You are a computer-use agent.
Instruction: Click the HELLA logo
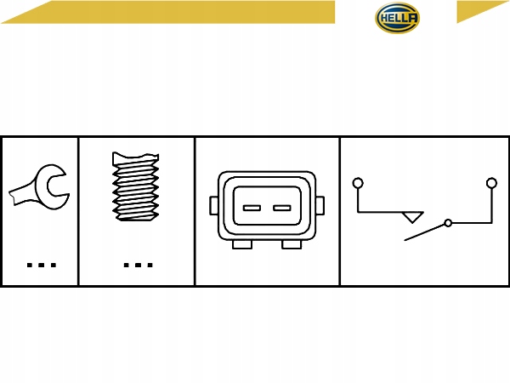[x=398, y=20]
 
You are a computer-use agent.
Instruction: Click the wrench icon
[x=38, y=190]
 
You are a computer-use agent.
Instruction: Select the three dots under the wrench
[x=40, y=265]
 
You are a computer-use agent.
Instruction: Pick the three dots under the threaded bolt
[x=137, y=265]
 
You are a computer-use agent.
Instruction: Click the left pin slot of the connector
[x=252, y=207]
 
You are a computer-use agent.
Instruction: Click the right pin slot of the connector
[x=280, y=207]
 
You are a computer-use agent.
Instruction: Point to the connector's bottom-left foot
[x=242, y=244]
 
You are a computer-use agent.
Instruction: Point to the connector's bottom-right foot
[x=291, y=244]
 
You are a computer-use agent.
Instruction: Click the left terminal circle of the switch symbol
[x=358, y=182]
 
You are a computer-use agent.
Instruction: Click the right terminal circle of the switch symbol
[x=490, y=182]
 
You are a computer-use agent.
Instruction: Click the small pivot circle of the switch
[x=448, y=223]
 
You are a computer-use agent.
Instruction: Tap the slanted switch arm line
[x=424, y=232]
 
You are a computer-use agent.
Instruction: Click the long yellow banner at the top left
[x=170, y=12]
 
